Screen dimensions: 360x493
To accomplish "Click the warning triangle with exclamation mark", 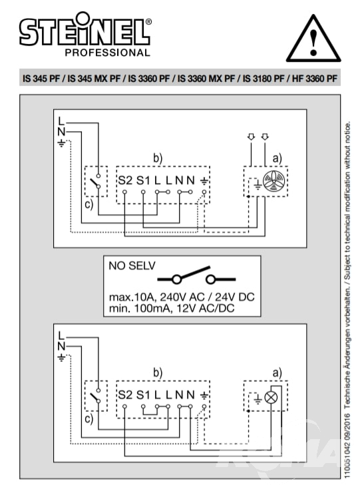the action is coord(313,39).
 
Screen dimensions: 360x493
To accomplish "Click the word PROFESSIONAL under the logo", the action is coord(108,53).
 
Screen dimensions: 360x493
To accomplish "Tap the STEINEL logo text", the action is coord(85,29).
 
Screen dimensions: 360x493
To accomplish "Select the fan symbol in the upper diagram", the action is coord(274,182).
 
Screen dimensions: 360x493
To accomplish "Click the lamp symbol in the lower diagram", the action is coord(271,397).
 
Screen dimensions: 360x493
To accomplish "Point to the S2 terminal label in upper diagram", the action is coord(125,180).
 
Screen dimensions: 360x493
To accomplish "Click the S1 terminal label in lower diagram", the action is coord(143,395).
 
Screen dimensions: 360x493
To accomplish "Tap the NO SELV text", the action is coord(132,265).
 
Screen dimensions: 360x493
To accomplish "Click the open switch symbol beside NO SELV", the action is coord(196,276).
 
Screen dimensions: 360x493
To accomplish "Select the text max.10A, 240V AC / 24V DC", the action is coord(182,297).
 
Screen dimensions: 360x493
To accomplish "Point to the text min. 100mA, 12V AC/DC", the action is coord(172,308).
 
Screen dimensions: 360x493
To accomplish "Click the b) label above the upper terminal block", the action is coord(158,158).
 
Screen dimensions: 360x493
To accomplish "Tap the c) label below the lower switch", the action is coord(89,418).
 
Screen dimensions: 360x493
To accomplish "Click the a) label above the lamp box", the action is coord(277,373).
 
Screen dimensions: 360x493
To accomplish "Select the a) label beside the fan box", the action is coord(277,158).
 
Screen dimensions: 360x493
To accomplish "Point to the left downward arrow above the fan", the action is coord(251,137).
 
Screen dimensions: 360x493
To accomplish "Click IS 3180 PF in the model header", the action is coord(264,78).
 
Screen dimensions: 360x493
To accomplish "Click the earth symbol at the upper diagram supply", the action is coord(62,143).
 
